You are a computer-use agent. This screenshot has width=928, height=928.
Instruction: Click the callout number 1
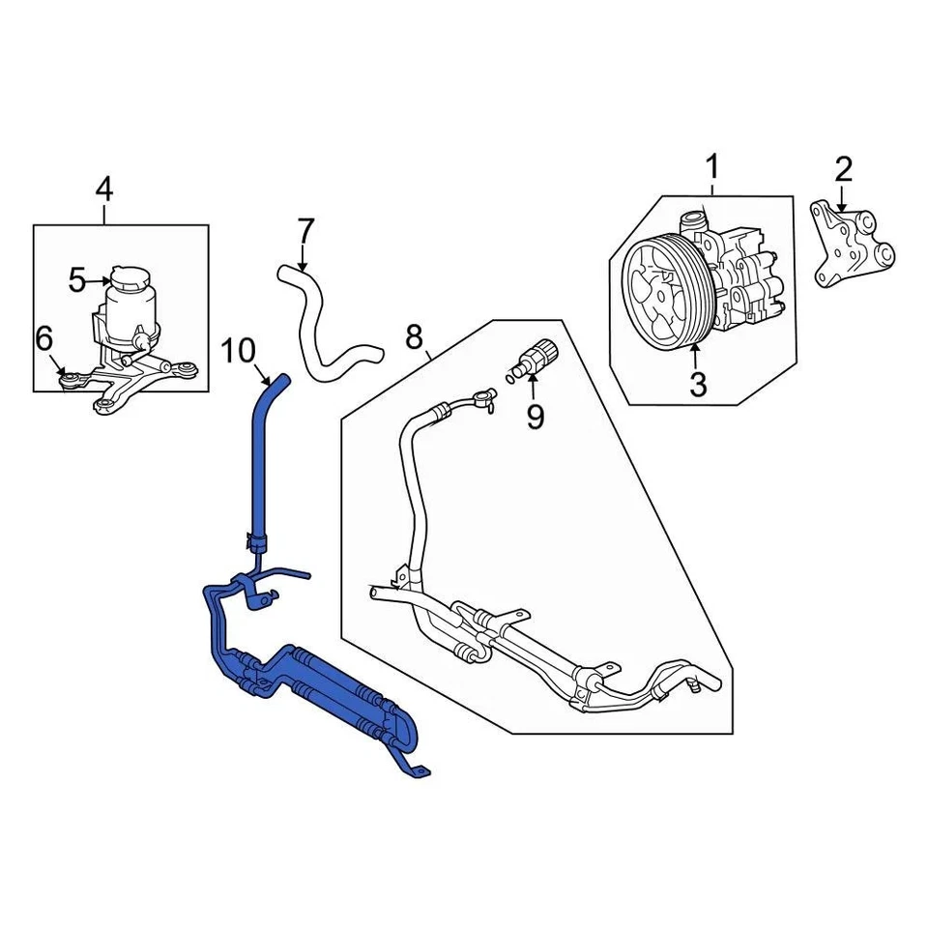click(712, 168)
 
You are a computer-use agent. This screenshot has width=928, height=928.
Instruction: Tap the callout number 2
click(843, 170)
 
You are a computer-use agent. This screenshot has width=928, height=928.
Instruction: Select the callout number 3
click(697, 384)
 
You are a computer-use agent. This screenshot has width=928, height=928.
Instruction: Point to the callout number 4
click(103, 188)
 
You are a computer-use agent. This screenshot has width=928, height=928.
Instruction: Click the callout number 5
click(77, 281)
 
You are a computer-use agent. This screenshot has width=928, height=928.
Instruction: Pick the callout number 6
click(43, 339)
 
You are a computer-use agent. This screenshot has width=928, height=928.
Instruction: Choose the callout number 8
click(414, 337)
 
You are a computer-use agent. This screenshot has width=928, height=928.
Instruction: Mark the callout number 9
click(535, 417)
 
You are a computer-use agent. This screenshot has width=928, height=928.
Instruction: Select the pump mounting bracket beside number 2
click(852, 246)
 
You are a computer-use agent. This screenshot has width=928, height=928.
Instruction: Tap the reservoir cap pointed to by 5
click(125, 276)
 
